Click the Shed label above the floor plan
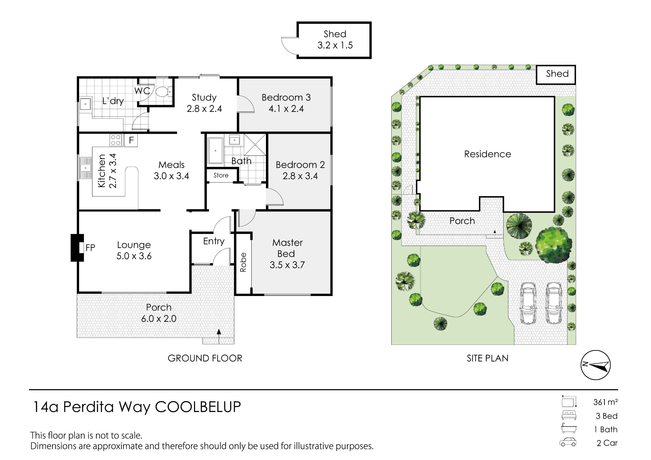tap(335, 34)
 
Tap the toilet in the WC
tap(164, 92)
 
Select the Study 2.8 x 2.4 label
tap(204, 103)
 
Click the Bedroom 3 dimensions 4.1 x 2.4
tap(286, 109)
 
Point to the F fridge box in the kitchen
tap(131, 140)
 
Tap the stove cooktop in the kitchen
tap(116, 140)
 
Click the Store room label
tap(221, 175)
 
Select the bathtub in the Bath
tap(215, 151)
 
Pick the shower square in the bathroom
tap(255, 144)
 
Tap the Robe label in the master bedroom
tap(243, 262)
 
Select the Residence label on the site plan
tap(488, 154)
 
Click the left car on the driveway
tap(528, 303)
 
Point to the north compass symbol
tap(596, 365)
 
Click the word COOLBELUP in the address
tap(198, 407)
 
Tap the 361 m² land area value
tap(605, 402)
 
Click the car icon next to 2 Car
tap(568, 442)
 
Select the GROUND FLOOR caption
tap(205, 358)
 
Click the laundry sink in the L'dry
tap(86, 104)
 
